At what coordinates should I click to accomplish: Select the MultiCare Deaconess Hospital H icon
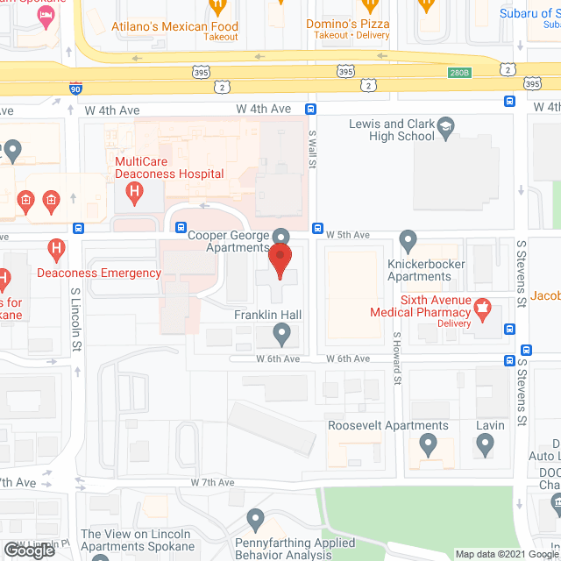click(134, 195)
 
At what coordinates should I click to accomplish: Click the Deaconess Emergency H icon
click(57, 251)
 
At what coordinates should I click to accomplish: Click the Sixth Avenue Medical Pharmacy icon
click(481, 309)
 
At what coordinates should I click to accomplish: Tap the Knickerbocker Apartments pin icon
click(408, 238)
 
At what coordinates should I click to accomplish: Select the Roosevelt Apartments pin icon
click(429, 444)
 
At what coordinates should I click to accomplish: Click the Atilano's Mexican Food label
click(174, 27)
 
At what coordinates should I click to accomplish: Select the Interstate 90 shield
click(76, 87)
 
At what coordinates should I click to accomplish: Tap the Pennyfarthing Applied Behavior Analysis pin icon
click(255, 519)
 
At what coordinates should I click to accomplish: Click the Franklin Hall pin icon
click(281, 332)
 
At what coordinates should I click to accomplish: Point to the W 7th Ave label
click(212, 483)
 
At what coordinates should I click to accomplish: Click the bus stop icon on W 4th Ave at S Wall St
click(310, 109)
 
